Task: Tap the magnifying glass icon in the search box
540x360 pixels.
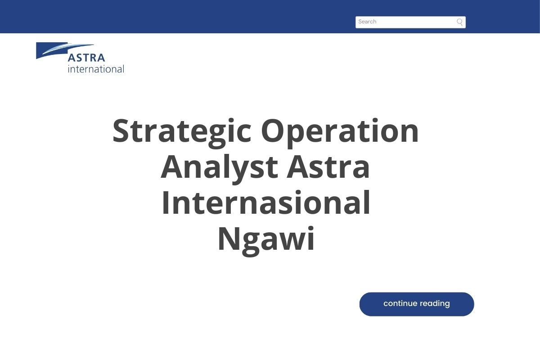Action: pos(459,22)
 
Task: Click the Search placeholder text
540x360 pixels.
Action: pos(367,22)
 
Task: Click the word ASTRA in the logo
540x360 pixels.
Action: pos(86,58)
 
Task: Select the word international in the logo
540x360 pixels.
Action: pos(95,69)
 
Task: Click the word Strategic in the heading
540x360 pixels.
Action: pos(182,131)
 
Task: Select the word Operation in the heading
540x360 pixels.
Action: pos(340,131)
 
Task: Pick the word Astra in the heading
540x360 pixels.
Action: pos(328,167)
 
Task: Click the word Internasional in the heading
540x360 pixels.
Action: pos(266,203)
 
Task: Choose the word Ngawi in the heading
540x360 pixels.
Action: pos(266,239)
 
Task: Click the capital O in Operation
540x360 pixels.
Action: pos(275,131)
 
